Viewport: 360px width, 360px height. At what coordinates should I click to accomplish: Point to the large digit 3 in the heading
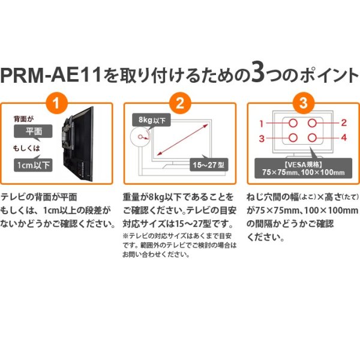coord(258,75)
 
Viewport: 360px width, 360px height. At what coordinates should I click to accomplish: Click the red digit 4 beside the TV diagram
coord(344,139)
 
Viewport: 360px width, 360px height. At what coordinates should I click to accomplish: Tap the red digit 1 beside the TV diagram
coord(262,123)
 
